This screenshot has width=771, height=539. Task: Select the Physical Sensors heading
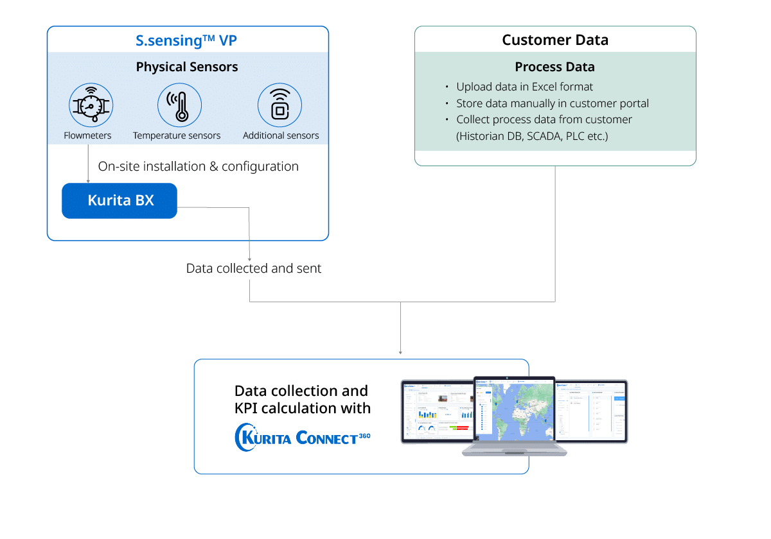(187, 67)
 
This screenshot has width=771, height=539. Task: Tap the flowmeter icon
(90, 105)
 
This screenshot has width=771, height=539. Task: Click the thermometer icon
(180, 105)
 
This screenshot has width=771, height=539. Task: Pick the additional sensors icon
(279, 105)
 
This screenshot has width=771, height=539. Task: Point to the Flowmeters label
(87, 135)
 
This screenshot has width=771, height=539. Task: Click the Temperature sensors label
(177, 135)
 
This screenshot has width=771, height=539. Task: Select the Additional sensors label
(281, 135)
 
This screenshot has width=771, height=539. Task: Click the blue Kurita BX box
(120, 200)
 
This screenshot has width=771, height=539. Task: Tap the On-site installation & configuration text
(198, 166)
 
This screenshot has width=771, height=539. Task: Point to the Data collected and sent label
(254, 268)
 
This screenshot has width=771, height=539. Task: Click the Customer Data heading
(555, 40)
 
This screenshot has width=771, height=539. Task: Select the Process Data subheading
(555, 67)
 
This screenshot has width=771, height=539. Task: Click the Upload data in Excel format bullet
(524, 87)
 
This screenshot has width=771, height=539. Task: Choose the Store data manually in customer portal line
(553, 103)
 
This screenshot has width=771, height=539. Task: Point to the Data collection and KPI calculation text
(301, 399)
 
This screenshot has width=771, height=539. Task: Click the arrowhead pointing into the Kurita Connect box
(401, 352)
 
